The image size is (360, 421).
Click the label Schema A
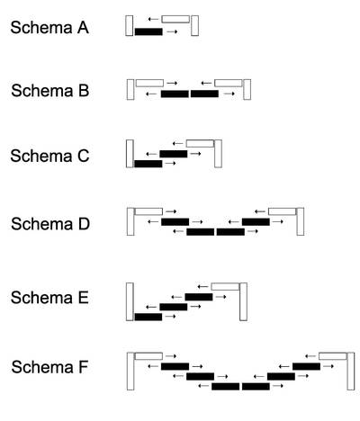(49, 28)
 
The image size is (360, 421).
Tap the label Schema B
(50, 91)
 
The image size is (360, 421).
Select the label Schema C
(49, 156)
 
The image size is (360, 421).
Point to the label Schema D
(50, 224)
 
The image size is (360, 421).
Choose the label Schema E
(49, 298)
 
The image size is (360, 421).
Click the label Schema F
(49, 367)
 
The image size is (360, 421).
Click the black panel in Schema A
(148, 31)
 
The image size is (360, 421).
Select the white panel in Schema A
(175, 19)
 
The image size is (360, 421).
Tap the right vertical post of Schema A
(194, 25)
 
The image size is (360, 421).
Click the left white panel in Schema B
(149, 83)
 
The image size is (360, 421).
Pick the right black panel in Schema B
(204, 94)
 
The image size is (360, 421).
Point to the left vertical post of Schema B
(130, 89)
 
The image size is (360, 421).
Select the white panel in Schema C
(200, 143)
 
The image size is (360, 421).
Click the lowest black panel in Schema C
(148, 164)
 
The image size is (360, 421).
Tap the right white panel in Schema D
(283, 211)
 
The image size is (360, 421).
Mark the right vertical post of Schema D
(301, 221)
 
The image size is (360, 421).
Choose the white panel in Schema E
(225, 286)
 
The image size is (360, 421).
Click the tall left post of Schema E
(130, 301)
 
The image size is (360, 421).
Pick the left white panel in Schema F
(148, 356)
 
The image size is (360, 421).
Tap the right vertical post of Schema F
(351, 372)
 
